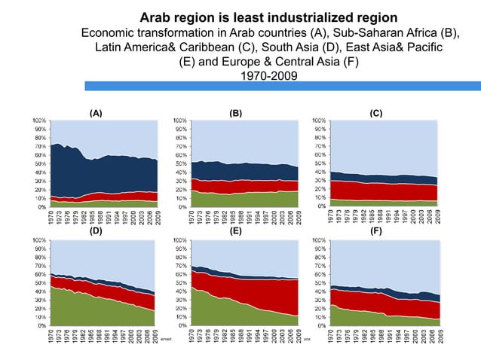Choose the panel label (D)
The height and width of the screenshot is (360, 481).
coord(96,232)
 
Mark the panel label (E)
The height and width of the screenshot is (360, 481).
coord(236,232)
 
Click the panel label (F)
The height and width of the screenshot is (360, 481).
coord(376,232)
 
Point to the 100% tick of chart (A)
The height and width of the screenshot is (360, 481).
coord(36,120)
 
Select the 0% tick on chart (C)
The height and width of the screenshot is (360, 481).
coord(320,206)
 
